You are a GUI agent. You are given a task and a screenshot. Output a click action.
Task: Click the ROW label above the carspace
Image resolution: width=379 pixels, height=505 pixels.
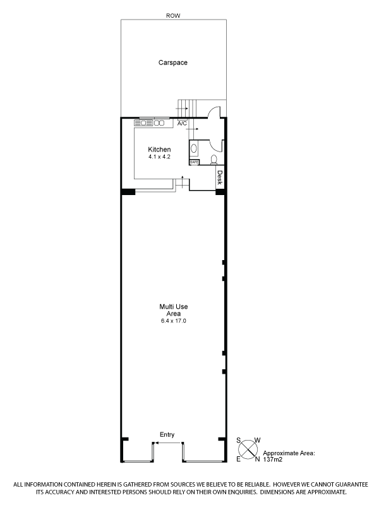[173, 15]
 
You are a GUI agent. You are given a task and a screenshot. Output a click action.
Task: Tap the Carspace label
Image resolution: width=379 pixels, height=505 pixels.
[172, 62]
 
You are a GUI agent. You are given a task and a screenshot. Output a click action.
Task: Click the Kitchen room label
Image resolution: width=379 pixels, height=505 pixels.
[159, 150]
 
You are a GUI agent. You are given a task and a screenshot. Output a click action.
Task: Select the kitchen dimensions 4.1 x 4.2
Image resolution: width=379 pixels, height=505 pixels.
[159, 157]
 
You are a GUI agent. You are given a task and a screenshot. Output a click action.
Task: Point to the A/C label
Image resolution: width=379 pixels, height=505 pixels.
[182, 123]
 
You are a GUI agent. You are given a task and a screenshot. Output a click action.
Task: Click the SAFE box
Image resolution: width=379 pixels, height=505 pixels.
[195, 162]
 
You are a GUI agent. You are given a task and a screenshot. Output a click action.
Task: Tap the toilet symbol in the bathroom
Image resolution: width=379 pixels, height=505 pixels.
[214, 159]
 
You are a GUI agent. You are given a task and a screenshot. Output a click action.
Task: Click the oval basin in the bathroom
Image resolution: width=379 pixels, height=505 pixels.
[194, 148]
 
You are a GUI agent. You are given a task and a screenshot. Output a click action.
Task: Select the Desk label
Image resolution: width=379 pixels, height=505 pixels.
[220, 178]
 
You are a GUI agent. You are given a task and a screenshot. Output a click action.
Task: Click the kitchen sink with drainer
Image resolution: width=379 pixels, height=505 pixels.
[143, 122]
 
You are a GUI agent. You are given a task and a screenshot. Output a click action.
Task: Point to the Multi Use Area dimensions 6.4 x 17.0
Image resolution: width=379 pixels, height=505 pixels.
[173, 321]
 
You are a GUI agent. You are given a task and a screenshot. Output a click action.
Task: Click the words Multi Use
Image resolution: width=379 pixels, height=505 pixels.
[173, 307]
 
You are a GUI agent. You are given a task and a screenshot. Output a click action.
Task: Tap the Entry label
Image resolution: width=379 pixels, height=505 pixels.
[167, 434]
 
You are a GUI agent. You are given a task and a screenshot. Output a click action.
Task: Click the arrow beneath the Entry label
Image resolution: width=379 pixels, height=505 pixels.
[167, 443]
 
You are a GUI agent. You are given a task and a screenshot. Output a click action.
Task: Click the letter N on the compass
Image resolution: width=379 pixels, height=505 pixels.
[257, 460]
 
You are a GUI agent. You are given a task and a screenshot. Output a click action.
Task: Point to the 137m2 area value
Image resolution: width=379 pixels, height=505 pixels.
[273, 460]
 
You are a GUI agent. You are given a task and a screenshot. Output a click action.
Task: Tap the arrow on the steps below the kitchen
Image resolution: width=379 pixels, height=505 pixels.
[183, 181]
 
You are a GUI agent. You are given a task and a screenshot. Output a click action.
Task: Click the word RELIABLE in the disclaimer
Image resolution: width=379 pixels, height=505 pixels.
[256, 484]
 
